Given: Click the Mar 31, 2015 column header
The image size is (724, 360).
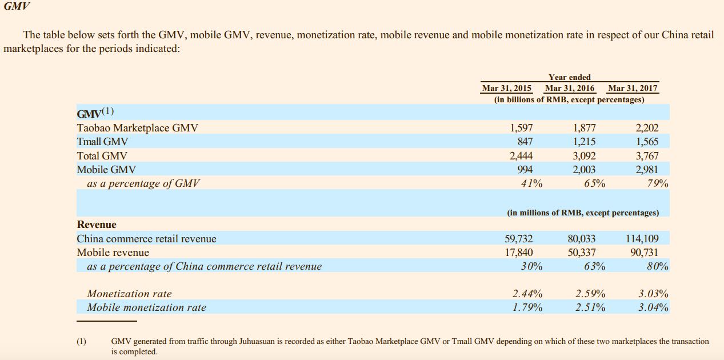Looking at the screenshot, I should point(507,88).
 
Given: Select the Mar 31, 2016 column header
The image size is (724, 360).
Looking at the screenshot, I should point(570,88).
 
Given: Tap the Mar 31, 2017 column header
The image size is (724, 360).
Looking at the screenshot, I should point(633,88).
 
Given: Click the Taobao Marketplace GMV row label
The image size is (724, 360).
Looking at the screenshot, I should point(137,128).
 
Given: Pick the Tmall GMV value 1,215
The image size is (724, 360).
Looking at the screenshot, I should point(584,142).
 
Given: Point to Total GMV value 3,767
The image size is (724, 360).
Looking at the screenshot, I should point(647,155).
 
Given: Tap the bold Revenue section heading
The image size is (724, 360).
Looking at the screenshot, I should point(97,225).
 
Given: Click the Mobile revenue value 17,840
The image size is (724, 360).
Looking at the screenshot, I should point(519,253).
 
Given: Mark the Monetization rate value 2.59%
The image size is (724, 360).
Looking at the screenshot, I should point(590,294).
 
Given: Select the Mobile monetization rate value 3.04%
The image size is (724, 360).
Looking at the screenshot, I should point(653,307).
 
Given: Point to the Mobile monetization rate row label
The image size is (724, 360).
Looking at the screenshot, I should point(146,307).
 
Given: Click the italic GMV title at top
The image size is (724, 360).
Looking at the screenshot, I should point(17,7).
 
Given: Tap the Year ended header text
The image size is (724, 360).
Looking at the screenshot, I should point(570,77).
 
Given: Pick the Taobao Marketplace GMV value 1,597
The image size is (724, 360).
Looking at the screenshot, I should point(521,128).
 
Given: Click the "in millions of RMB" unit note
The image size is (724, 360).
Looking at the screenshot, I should point(583,213).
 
